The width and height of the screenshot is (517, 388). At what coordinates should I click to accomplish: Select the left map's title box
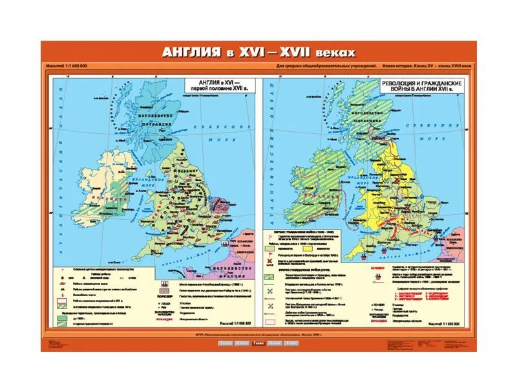click(215, 88)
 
